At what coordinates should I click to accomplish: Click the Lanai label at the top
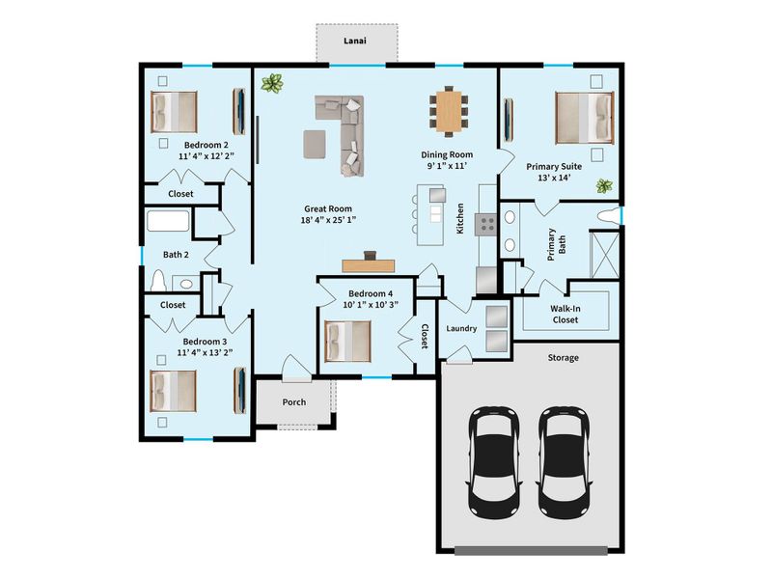pyautogui.click(x=356, y=41)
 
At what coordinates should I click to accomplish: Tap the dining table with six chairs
pyautogui.click(x=448, y=111)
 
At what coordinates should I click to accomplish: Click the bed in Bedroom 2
pyautogui.click(x=175, y=112)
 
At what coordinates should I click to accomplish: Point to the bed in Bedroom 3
pyautogui.click(x=175, y=392)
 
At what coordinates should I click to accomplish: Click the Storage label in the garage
pyautogui.click(x=564, y=358)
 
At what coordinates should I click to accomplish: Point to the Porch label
pyautogui.click(x=293, y=401)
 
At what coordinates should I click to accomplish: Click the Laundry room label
pyautogui.click(x=461, y=329)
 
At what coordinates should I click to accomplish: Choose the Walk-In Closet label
pyautogui.click(x=565, y=314)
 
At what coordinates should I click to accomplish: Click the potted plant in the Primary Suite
pyautogui.click(x=605, y=185)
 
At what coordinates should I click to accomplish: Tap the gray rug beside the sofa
pyautogui.click(x=315, y=144)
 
